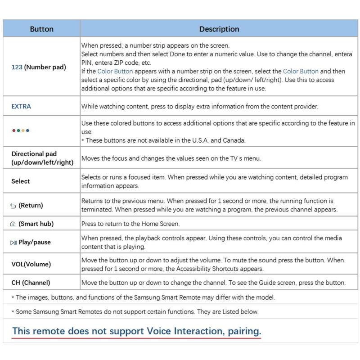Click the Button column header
pos(41,29)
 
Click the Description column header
pos(219,29)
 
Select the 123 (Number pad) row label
pos(39,67)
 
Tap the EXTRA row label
pos(21,107)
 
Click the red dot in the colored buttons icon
pos(14,130)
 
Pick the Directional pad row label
pos(42,158)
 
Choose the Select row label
pos(21,181)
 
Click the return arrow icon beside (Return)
pos(13,206)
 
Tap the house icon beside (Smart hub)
pos(13,224)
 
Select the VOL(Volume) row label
pos(31,264)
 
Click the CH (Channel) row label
pos(31,283)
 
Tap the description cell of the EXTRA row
pos(199,107)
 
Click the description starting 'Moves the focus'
pos(171,158)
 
